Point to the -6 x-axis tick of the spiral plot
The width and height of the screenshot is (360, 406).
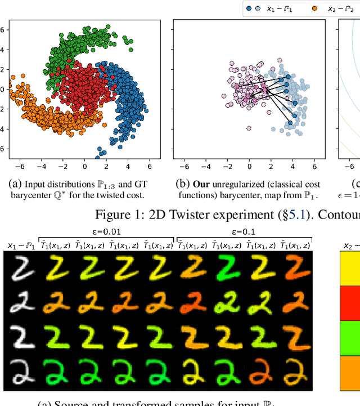pyautogui.click(x=20, y=167)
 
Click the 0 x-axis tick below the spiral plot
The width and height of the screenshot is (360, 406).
pyautogui.click(x=85, y=167)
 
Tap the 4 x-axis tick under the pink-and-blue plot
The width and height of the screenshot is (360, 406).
pyautogui.click(x=292, y=167)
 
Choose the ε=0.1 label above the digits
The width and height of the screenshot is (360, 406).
pyautogui.click(x=244, y=231)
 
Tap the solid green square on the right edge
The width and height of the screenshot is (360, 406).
pyautogui.click(x=350, y=337)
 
